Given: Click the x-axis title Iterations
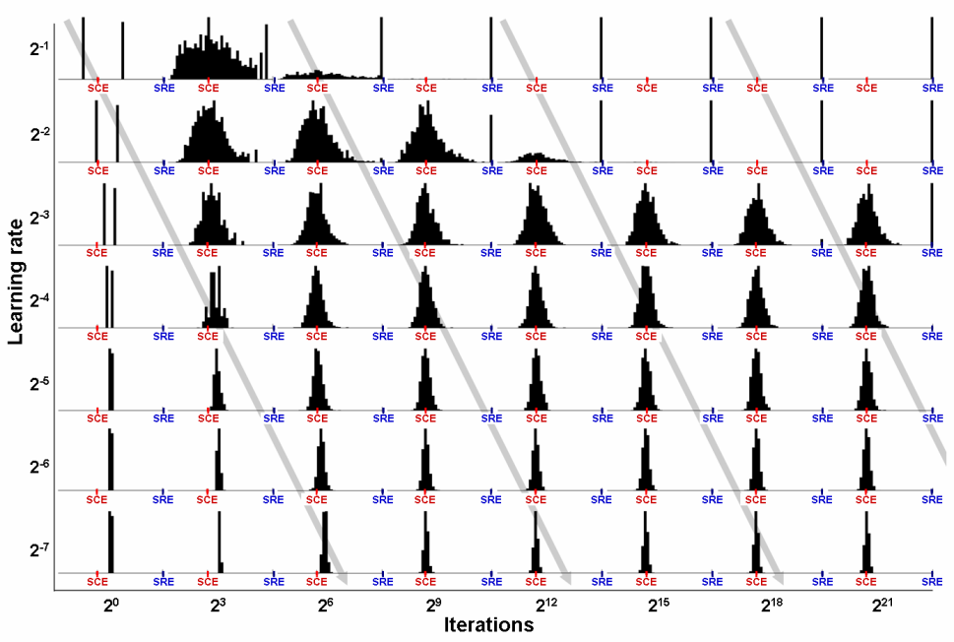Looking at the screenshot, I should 489,624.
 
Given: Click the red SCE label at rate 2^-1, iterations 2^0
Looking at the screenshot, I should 98,88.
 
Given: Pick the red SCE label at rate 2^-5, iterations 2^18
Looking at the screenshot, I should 756,417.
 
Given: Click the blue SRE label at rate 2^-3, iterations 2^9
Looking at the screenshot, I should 491,253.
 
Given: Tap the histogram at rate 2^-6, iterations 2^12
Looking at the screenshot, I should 536,464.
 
